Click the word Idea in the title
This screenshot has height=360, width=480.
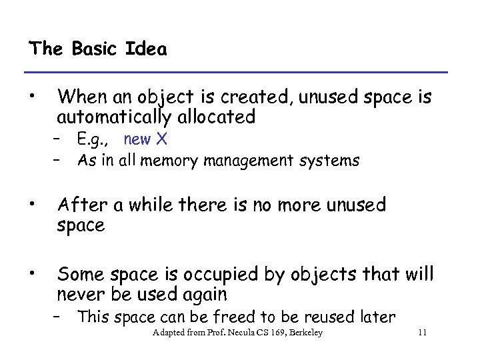pos(146,49)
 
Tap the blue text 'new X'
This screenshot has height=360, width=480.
pos(145,139)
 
